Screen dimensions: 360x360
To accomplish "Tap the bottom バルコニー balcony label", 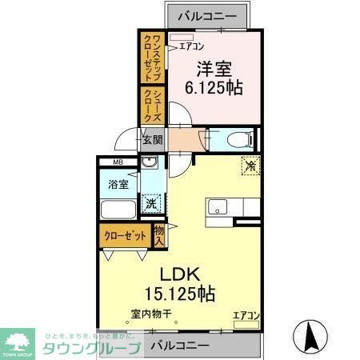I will (181, 346).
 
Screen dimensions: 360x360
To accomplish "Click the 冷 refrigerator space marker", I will (250, 167).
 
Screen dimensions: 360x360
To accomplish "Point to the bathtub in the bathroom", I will (118, 210).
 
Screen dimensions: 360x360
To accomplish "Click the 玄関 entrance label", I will (152, 140).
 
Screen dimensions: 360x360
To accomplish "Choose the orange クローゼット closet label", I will (125, 236).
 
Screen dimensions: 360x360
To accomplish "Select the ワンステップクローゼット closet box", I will (151, 57).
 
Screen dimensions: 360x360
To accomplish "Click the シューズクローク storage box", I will (151, 105).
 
